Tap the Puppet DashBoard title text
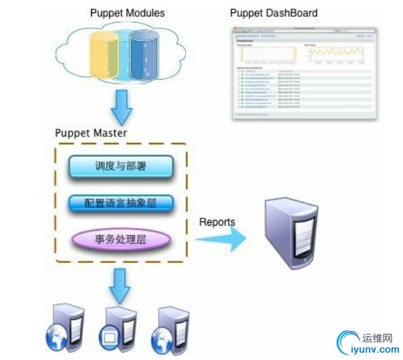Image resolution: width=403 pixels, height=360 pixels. pos(274,12)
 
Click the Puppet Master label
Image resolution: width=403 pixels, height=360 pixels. pos(90,134)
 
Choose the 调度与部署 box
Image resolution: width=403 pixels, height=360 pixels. pos(120,166)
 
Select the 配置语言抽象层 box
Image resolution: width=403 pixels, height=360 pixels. pos(120,204)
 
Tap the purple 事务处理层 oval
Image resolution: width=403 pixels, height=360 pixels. pos(121,239)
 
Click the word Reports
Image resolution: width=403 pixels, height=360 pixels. pos(216,222)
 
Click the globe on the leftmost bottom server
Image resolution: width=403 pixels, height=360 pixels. pos(54,337)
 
